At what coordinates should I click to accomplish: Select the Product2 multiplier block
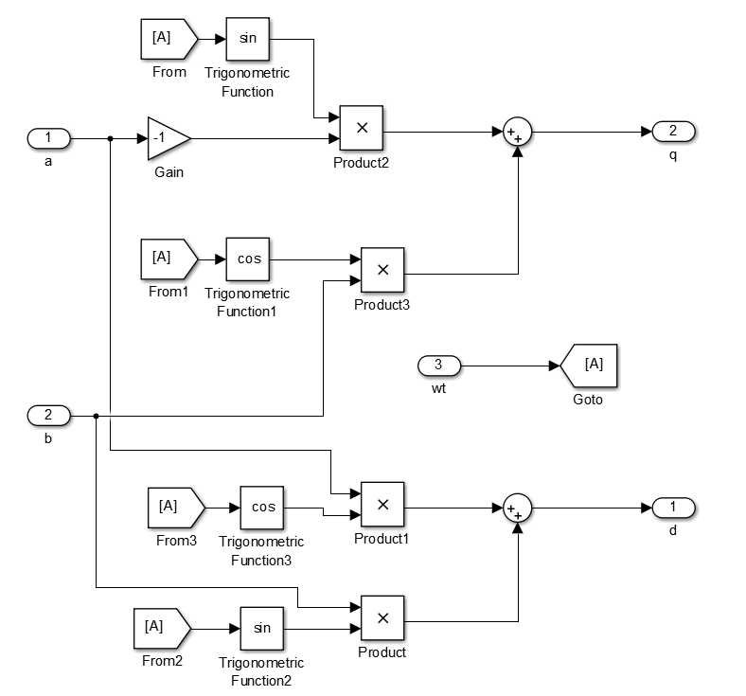tap(361, 128)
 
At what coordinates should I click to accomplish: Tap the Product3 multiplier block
tap(382, 270)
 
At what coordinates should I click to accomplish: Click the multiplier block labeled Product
tap(382, 618)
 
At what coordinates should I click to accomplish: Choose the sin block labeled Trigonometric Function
tap(247, 39)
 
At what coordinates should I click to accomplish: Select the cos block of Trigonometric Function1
tap(249, 259)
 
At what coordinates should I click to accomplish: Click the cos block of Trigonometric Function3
tap(262, 508)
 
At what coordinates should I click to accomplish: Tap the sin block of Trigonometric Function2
tap(262, 628)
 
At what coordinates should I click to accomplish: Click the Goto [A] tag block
tap(589, 366)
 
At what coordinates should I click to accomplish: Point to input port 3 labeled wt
tap(438, 366)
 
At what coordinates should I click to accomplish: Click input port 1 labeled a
tap(49, 139)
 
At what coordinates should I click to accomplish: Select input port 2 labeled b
tap(49, 415)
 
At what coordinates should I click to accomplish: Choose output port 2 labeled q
tap(673, 131)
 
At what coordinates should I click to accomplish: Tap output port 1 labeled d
tap(673, 508)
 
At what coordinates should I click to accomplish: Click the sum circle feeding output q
tap(517, 132)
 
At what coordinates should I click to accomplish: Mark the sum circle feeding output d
tap(517, 509)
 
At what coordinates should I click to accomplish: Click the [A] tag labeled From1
tap(168, 258)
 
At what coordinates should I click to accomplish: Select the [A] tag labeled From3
tap(174, 507)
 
